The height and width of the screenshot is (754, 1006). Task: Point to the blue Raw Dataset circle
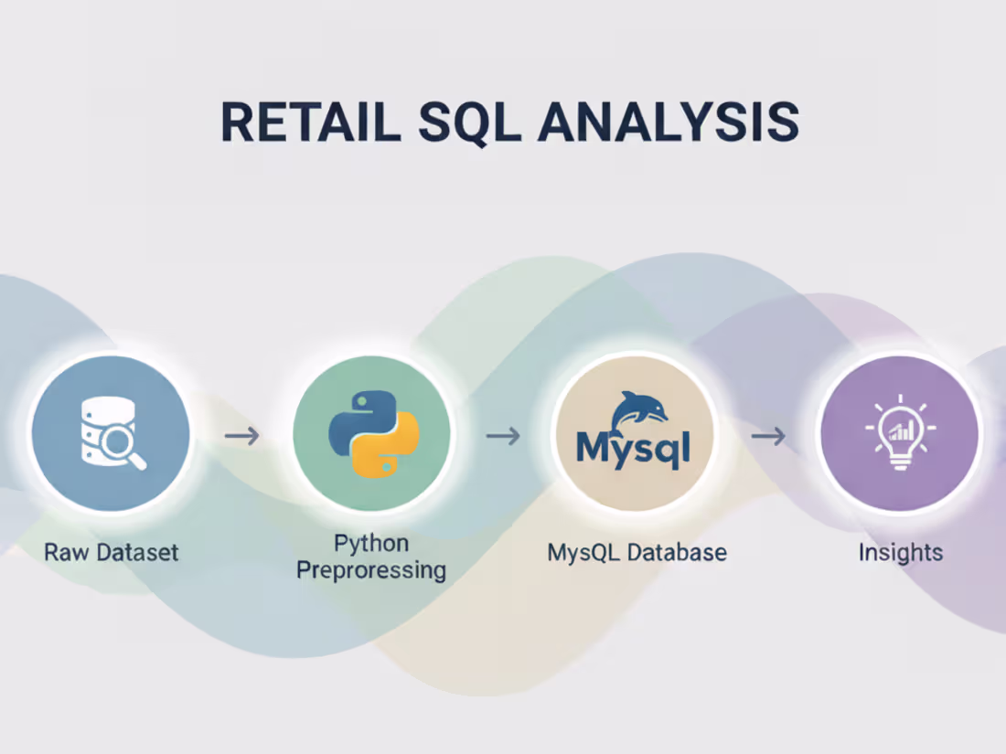[x=110, y=434]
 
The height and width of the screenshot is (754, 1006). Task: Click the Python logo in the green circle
[x=371, y=434]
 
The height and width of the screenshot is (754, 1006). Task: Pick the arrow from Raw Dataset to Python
[x=241, y=436]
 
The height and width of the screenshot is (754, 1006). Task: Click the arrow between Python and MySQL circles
[x=503, y=436]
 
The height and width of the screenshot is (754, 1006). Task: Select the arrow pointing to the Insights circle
[x=768, y=436]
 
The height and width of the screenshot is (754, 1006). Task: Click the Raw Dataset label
[x=111, y=552]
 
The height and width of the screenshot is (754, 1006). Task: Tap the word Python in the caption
[x=370, y=544]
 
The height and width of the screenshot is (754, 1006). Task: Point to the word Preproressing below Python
[x=371, y=571]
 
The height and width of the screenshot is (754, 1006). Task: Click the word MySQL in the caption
[x=582, y=552]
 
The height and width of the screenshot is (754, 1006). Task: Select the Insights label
[x=900, y=552]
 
